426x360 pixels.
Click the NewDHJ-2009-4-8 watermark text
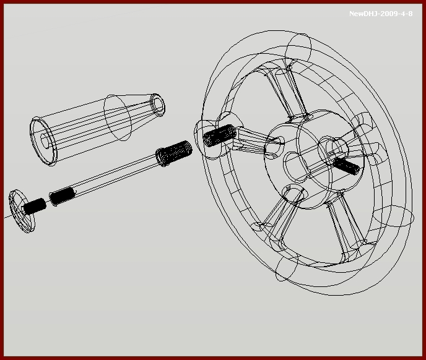[x=381, y=14]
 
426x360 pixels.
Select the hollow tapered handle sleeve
[x=97, y=129]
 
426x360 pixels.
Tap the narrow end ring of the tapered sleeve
[x=157, y=105]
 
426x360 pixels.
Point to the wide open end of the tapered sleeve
[x=43, y=141]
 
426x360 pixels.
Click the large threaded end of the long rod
[x=174, y=153]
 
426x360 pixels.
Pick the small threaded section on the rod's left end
[x=62, y=196]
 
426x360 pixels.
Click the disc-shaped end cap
[x=22, y=211]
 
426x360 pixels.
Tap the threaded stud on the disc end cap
[x=35, y=207]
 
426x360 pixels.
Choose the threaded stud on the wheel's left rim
[x=220, y=135]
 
